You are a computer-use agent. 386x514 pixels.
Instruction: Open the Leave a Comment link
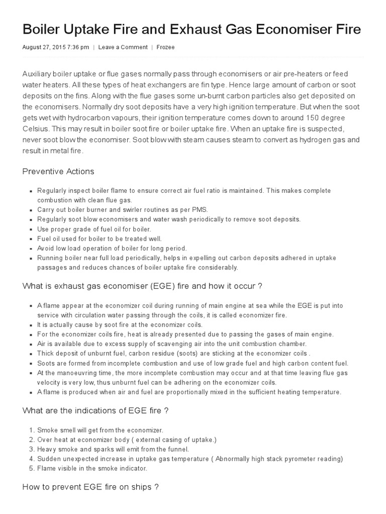tap(123, 47)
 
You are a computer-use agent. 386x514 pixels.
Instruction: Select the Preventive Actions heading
tap(58, 171)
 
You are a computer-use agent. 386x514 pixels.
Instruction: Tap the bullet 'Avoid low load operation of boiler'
tap(112, 248)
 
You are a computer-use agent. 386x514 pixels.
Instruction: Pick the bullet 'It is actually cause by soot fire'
tap(120, 324)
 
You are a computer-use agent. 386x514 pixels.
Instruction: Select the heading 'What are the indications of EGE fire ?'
tap(95, 410)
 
